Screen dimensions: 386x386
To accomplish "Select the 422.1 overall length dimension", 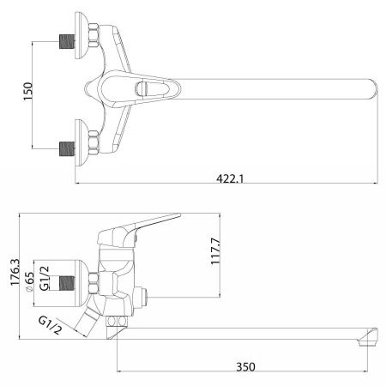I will click(x=227, y=178).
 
